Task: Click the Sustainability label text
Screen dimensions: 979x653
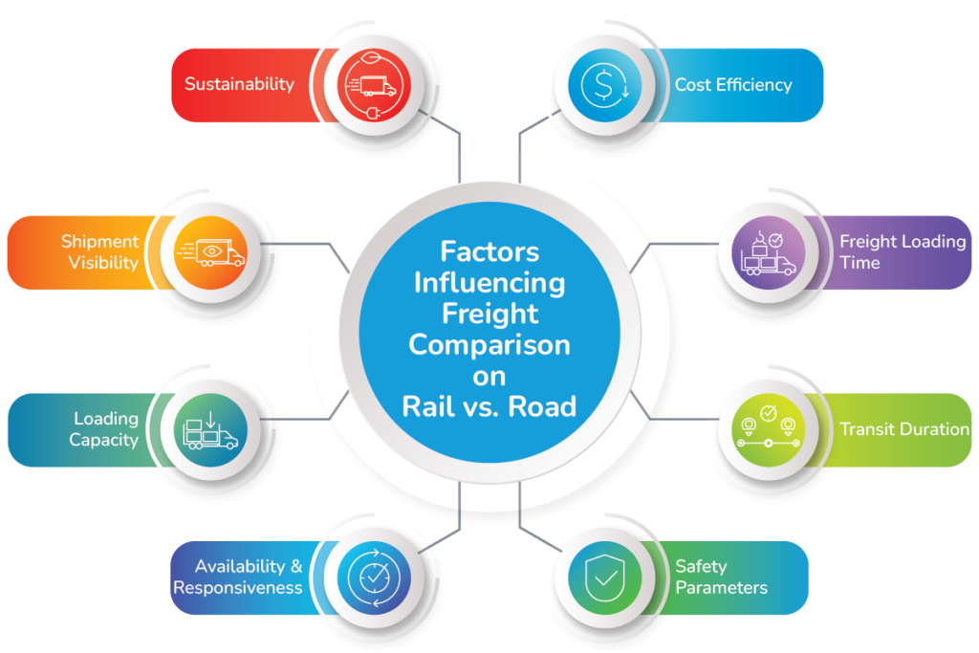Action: tap(239, 84)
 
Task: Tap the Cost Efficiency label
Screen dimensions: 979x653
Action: tap(733, 85)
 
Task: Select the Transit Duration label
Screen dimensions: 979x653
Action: tap(904, 429)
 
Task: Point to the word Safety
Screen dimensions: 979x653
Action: tap(701, 566)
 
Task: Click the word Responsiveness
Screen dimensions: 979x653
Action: tap(238, 588)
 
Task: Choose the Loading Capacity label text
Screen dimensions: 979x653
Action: tap(104, 429)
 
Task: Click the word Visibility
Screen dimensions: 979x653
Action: tap(103, 263)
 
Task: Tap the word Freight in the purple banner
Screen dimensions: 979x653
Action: tap(868, 242)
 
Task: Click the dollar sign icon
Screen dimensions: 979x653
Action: tap(604, 85)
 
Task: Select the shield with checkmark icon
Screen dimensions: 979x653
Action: tap(605, 577)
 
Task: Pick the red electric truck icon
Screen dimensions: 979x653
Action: tap(374, 85)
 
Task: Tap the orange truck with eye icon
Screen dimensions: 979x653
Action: tap(211, 252)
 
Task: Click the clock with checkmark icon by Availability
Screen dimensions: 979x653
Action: tap(374, 577)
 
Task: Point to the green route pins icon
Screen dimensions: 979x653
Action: tap(769, 427)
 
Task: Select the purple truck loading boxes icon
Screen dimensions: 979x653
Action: tap(769, 253)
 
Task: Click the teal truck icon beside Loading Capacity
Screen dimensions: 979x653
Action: tap(209, 430)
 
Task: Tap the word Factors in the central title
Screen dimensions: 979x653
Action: tap(489, 251)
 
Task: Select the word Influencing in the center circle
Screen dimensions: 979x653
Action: tap(489, 284)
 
